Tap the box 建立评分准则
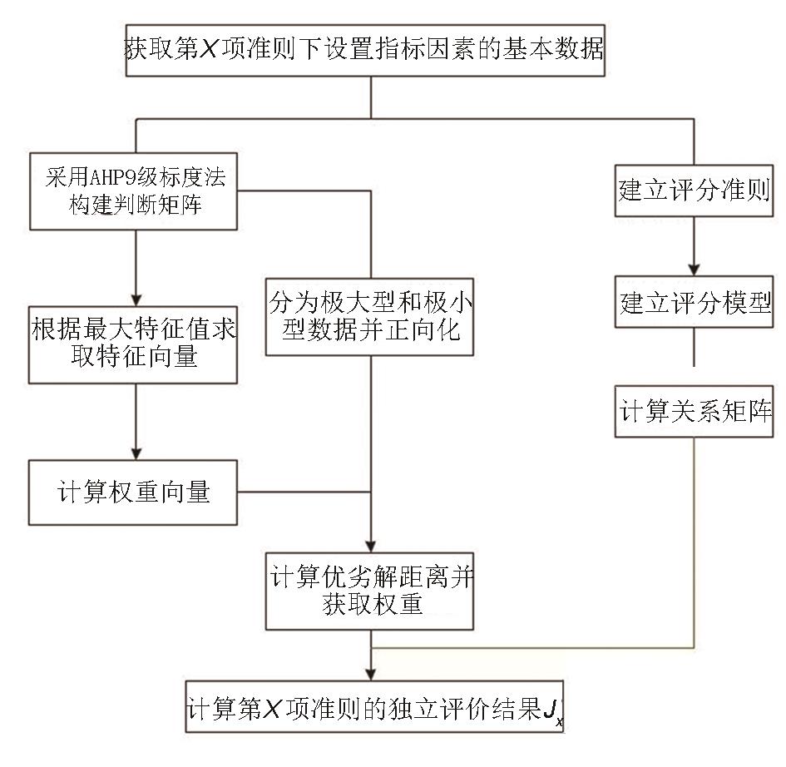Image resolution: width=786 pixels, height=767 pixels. [695, 191]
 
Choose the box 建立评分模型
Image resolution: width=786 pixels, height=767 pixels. [695, 304]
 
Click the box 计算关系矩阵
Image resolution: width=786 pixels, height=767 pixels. [695, 411]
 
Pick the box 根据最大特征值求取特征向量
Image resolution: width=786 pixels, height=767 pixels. [133, 342]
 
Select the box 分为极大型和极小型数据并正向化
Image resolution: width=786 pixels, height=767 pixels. [370, 318]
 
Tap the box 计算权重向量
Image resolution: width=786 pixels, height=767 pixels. [133, 492]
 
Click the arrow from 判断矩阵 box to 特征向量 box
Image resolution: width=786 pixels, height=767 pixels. [136, 266]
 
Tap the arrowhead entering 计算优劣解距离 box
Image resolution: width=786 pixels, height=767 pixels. [370, 542]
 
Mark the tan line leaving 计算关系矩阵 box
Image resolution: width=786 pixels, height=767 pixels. [695, 541]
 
